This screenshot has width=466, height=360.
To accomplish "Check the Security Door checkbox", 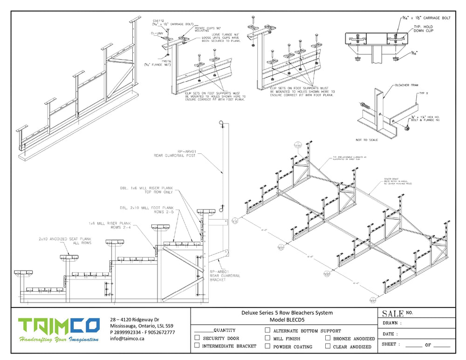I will pyautogui.click(x=197, y=338).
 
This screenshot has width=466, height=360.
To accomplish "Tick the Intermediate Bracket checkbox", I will pyautogui.click(x=197, y=346).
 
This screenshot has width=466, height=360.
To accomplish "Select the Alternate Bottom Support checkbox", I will pyautogui.click(x=267, y=330).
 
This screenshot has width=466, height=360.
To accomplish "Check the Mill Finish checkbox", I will pyautogui.click(x=267, y=338).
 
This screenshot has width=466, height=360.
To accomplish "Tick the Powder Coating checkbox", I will pyautogui.click(x=267, y=346).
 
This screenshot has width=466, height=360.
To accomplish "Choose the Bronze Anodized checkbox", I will pyautogui.click(x=328, y=338).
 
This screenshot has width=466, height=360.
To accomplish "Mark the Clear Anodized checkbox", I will pyautogui.click(x=328, y=346).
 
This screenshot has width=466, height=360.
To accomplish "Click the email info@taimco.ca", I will pyautogui.click(x=127, y=339).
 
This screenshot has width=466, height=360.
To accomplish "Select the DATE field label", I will pyautogui.click(x=390, y=334).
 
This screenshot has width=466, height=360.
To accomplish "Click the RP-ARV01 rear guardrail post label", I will pyautogui.click(x=175, y=153).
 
